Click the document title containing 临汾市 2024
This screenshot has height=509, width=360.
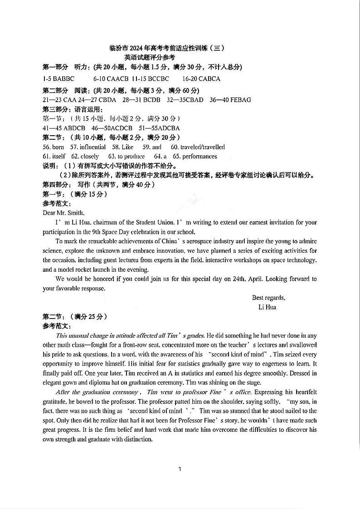point(167,48)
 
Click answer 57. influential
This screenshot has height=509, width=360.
point(88,147)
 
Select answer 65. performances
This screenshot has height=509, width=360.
point(192,157)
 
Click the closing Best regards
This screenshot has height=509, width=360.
point(268,298)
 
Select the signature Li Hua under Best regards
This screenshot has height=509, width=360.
point(267,307)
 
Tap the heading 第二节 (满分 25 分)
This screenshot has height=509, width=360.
point(75,317)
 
